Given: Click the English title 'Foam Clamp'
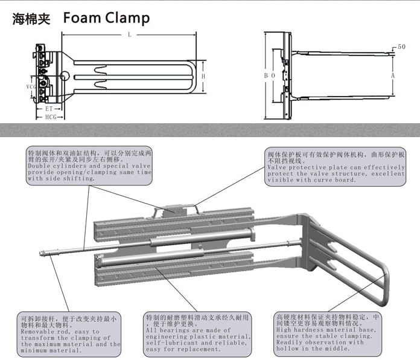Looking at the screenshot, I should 106,18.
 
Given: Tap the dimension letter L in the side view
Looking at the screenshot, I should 129,35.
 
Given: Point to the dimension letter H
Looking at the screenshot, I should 204,77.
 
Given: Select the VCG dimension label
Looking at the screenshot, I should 31,87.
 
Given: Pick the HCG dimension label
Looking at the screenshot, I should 51,117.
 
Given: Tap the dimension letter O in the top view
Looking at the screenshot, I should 273,76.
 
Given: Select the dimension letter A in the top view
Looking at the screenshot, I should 392,76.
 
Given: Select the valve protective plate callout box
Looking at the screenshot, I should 336,166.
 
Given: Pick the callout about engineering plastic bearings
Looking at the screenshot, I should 197,333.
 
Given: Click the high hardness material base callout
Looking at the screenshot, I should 326,333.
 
